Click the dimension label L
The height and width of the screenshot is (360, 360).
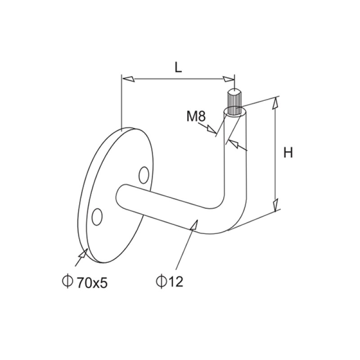[x=178, y=67]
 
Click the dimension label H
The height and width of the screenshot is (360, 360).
[x=288, y=153]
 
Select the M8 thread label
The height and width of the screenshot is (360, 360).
[x=196, y=117]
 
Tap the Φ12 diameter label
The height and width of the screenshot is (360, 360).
[x=169, y=282]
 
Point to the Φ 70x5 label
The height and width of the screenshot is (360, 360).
[x=85, y=282]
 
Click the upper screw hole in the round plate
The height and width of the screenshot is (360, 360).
[x=144, y=175]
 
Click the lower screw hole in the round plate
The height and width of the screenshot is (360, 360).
[x=96, y=216]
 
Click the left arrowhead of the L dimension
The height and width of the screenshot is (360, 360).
[x=128, y=79]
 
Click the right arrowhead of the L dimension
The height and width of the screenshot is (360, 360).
[x=229, y=79]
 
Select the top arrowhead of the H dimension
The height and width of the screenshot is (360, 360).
[x=275, y=103]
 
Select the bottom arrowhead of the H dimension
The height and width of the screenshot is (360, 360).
[x=275, y=205]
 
